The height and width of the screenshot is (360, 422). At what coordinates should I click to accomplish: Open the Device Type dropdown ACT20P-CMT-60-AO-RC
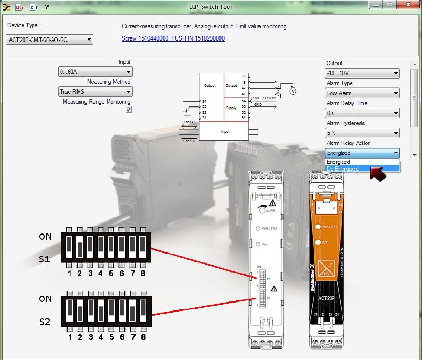(50, 40)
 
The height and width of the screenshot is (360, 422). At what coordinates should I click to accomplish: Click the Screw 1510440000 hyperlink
(174, 38)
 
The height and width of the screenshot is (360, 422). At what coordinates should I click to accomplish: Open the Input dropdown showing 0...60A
(95, 72)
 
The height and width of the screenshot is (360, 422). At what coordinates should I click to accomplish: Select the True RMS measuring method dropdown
(95, 92)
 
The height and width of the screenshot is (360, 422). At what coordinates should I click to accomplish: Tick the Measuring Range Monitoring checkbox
(128, 110)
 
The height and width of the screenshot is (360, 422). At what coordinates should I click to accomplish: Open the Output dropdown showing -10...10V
(362, 73)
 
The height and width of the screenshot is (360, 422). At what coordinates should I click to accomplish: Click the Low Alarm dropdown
(362, 93)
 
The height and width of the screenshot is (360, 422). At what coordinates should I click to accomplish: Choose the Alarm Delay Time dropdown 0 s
(362, 113)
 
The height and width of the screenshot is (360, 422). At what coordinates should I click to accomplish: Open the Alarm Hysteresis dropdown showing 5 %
(362, 133)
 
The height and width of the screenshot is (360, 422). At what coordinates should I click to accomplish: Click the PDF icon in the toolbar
(20, 7)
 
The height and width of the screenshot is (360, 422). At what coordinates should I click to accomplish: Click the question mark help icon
(46, 7)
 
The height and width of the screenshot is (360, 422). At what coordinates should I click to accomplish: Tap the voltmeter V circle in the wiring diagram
(294, 91)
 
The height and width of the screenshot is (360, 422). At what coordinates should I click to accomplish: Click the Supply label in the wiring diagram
(232, 108)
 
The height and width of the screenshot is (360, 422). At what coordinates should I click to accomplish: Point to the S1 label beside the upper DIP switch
(45, 259)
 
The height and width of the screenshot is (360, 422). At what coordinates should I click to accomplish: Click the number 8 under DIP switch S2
(142, 336)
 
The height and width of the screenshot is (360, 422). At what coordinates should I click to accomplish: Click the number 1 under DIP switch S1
(69, 274)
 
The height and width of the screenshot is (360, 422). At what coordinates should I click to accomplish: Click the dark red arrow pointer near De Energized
(378, 173)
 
